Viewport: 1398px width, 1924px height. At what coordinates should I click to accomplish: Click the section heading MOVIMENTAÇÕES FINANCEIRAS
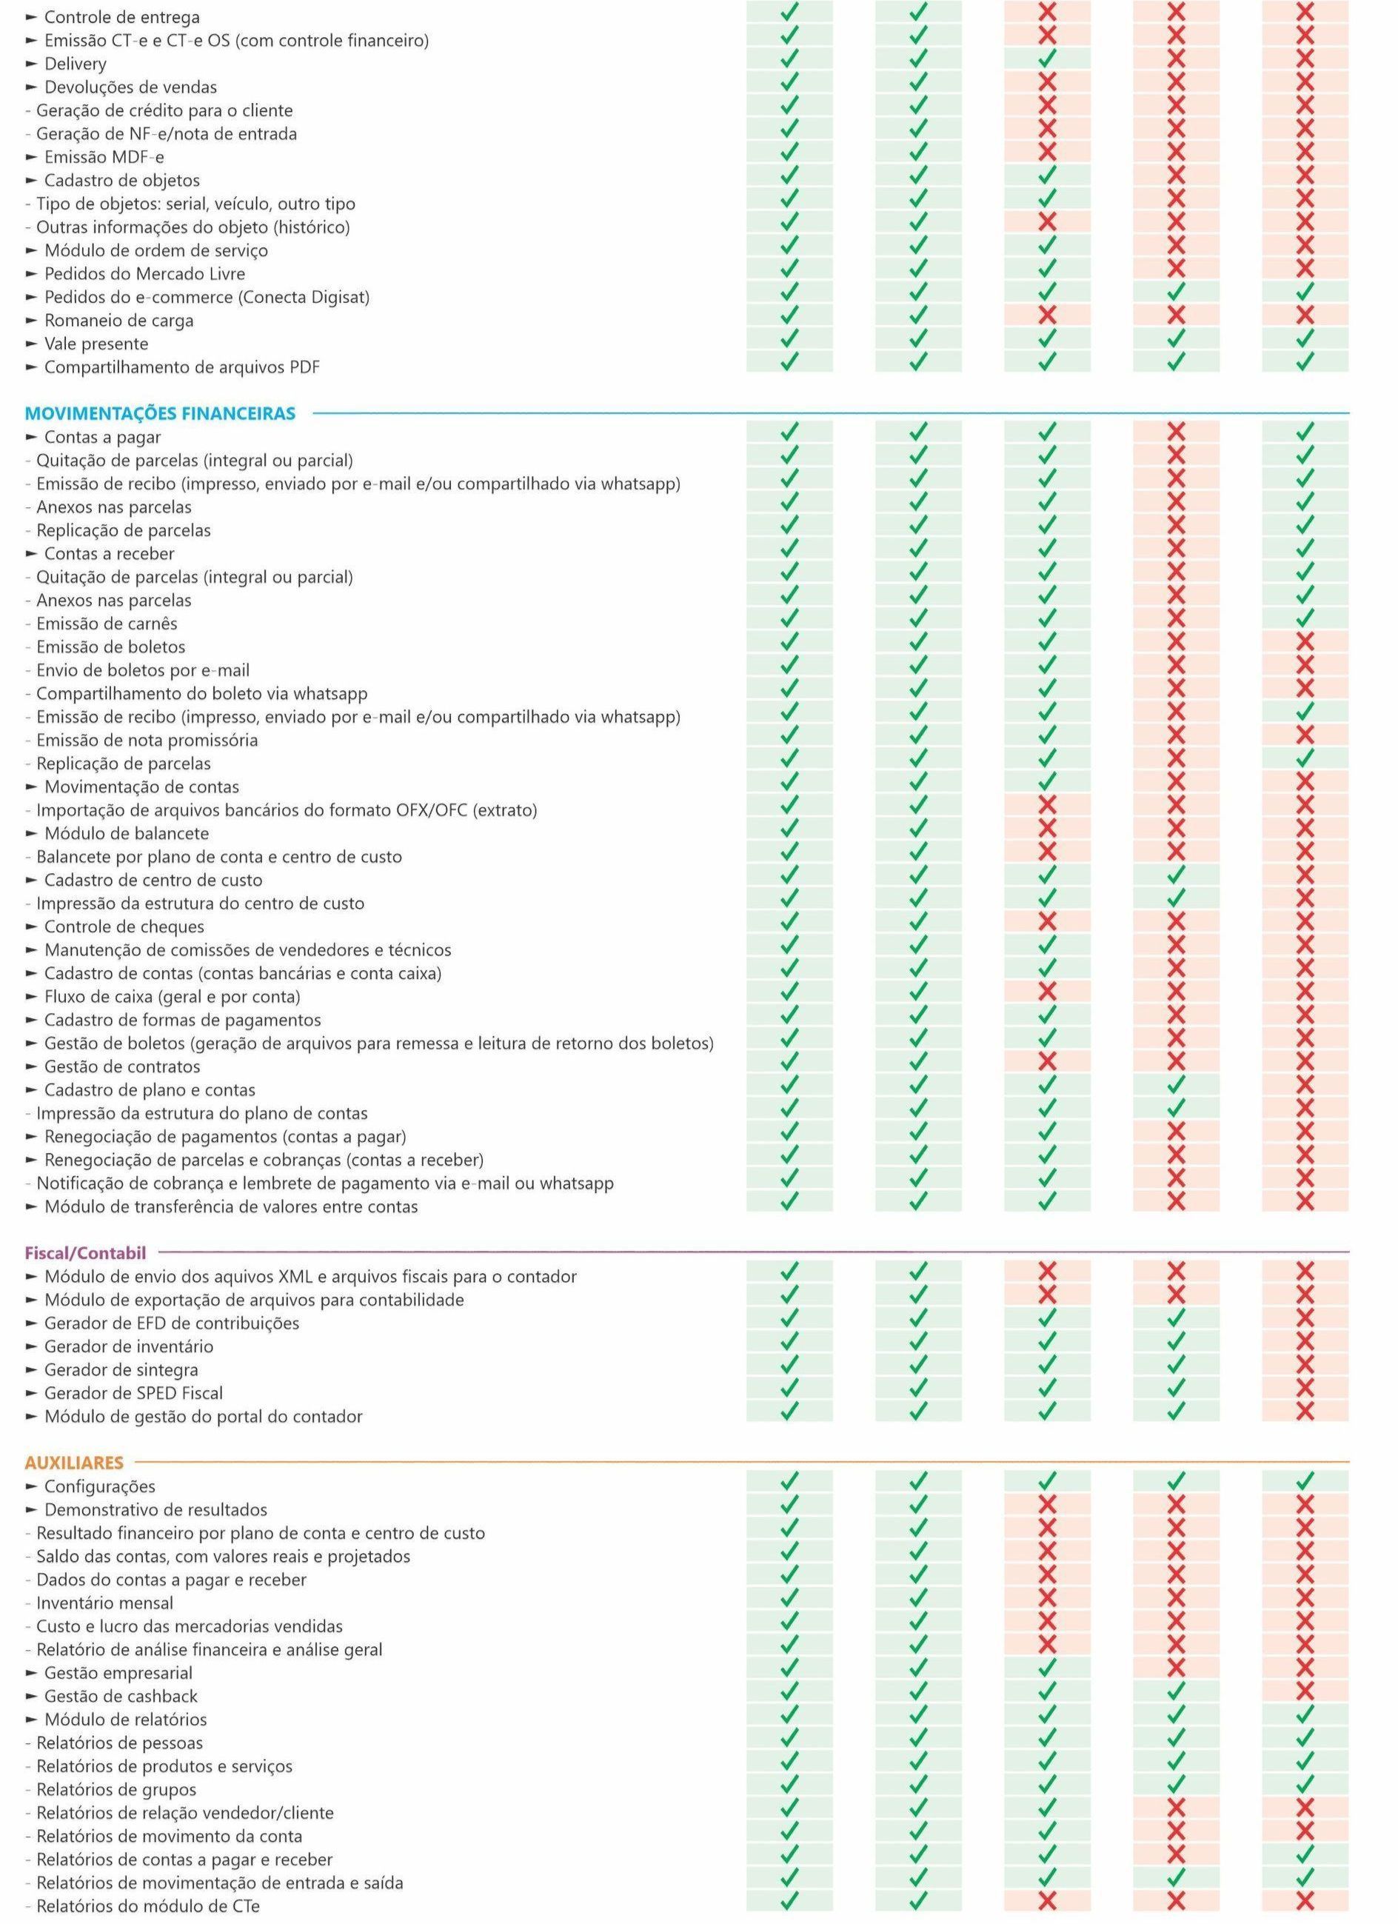tap(161, 413)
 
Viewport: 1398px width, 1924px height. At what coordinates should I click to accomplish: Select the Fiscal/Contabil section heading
tap(86, 1252)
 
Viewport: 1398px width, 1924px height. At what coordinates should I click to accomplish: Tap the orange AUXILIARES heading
tap(75, 1463)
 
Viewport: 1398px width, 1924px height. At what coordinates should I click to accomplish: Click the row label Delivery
tap(76, 64)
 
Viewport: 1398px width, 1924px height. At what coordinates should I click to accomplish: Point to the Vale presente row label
tap(96, 344)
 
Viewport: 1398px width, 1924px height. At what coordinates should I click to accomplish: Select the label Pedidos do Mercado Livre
tap(144, 273)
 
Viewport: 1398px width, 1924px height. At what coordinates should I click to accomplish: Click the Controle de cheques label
tap(124, 926)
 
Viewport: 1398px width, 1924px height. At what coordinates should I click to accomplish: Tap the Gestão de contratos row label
tap(122, 1066)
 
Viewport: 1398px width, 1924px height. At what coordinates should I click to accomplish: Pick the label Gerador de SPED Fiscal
tap(134, 1393)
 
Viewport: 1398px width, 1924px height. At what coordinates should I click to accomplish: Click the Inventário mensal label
tap(105, 1603)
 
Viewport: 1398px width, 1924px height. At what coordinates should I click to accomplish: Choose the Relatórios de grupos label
tap(116, 1790)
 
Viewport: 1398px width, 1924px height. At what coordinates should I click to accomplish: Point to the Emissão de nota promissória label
tap(147, 740)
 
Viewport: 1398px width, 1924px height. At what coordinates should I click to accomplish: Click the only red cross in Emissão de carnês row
tap(1176, 624)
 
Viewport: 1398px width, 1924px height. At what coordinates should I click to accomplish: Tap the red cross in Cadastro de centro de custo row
tap(1305, 880)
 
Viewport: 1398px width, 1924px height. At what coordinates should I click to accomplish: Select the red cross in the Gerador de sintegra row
tap(1305, 1369)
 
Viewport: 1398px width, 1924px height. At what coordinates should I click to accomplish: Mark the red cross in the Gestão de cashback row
tap(1305, 1697)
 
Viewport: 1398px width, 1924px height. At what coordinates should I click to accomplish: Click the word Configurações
tap(99, 1486)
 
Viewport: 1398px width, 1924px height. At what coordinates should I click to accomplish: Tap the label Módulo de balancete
tap(127, 833)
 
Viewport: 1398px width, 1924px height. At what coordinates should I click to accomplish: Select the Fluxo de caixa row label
tap(173, 996)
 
